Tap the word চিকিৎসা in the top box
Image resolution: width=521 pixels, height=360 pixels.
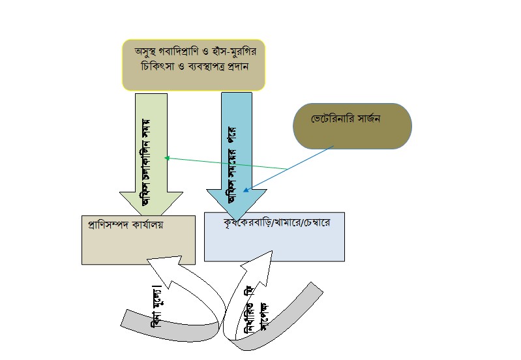click(x=153, y=67)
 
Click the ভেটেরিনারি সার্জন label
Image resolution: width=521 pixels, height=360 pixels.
click(x=346, y=121)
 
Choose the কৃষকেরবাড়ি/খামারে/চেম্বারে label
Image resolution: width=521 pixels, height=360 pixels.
click(x=276, y=223)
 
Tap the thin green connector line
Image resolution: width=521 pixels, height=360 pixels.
click(x=228, y=164)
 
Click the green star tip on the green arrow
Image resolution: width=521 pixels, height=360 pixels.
click(x=167, y=158)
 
